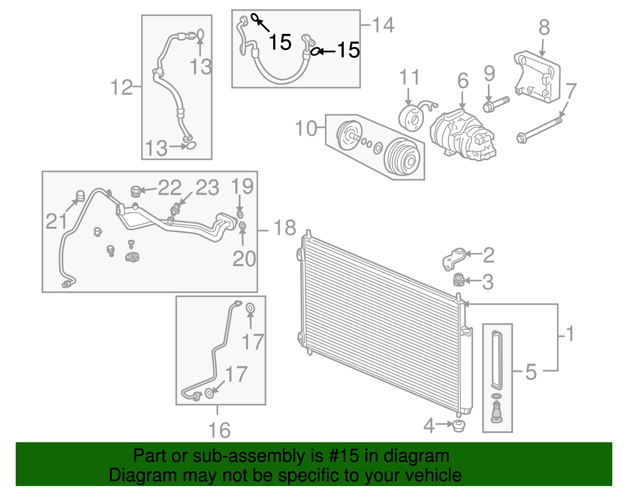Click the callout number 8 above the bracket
[x=544, y=28]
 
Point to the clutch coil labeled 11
[x=411, y=117]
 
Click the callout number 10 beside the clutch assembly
[x=306, y=128]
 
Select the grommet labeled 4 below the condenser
[x=458, y=425]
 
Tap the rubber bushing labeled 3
[x=458, y=280]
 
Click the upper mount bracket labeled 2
[x=454, y=258]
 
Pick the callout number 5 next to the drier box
[x=531, y=372]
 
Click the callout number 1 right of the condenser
[x=570, y=334]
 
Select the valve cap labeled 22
[x=135, y=191]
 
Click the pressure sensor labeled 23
[x=176, y=209]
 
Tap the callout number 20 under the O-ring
[x=244, y=259]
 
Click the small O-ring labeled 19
[x=240, y=214]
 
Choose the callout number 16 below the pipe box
[x=219, y=430]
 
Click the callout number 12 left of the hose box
[x=122, y=87]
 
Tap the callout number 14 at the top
[x=383, y=25]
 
